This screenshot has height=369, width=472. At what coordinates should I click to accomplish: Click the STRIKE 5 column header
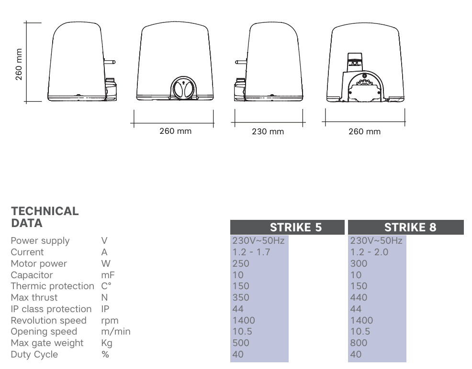[296, 227]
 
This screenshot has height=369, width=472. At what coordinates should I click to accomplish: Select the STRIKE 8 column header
[410, 227]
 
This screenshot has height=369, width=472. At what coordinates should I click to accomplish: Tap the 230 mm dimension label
[268, 131]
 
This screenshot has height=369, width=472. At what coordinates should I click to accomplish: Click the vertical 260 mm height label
[19, 65]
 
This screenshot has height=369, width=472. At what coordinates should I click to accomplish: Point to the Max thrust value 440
[359, 297]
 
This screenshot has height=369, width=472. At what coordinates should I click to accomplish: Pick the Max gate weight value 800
[359, 343]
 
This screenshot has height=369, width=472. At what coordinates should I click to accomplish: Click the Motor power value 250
[241, 263]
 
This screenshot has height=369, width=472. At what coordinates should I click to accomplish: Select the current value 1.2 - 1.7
[251, 252]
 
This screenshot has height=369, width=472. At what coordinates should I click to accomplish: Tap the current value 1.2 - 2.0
[369, 252]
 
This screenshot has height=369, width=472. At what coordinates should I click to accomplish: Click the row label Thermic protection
[52, 286]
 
